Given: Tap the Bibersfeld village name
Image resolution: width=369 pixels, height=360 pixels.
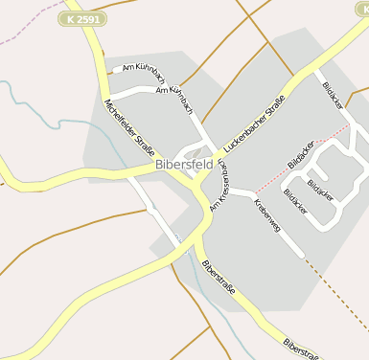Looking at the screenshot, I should pyautogui.click(x=184, y=165).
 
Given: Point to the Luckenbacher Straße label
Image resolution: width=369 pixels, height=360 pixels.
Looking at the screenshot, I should pyautogui.click(x=254, y=122).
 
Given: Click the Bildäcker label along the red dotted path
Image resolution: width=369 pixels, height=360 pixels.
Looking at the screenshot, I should pyautogui.click(x=301, y=153).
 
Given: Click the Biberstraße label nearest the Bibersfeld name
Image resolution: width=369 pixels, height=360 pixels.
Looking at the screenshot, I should pyautogui.click(x=221, y=278).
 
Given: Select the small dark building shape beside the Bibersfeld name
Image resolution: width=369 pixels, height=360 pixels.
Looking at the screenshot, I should pyautogui.click(x=194, y=152).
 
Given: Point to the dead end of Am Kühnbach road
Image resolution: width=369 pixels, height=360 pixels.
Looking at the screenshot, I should pyautogui.click(x=116, y=70).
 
